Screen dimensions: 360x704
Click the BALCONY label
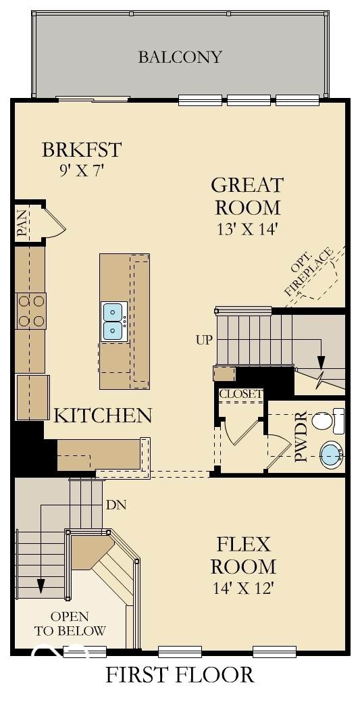point(180,57)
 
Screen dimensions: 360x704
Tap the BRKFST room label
point(82,149)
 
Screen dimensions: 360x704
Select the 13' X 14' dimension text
point(249,228)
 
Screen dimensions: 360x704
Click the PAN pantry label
point(22,224)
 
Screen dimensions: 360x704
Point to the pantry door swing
point(55,221)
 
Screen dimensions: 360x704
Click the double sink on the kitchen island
point(113,322)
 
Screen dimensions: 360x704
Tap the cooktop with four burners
point(30,311)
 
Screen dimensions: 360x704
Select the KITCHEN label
point(103,416)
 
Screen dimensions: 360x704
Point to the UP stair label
point(203,340)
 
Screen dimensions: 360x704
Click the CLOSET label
point(240,394)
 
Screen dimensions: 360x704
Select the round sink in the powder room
point(332,454)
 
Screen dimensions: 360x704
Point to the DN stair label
point(115,505)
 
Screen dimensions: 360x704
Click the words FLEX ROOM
point(244,555)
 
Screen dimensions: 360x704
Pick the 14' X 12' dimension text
point(242,588)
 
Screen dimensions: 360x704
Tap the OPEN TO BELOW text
point(70,624)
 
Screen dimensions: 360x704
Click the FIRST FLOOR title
point(180,675)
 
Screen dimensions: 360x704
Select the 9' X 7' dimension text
point(81,171)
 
